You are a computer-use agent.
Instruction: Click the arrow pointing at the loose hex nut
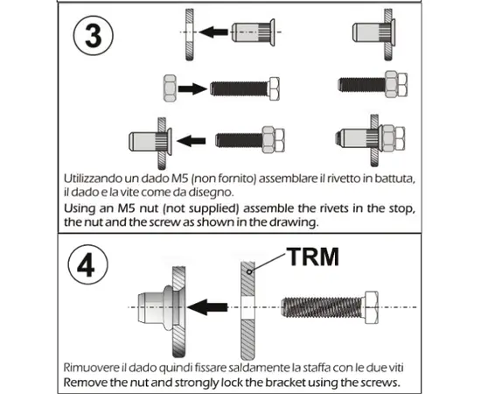[x=191, y=88]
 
